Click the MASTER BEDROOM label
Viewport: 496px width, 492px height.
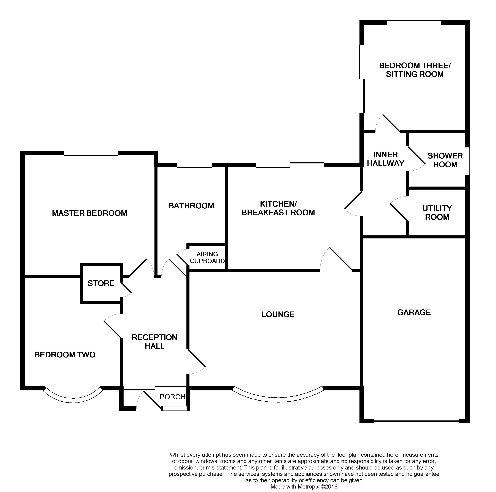[x=90, y=213]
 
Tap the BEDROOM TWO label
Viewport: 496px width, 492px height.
[x=65, y=355]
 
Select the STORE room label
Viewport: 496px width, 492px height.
[x=101, y=283]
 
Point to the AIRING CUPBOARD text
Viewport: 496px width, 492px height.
[x=207, y=258]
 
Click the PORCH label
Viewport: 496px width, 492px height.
[x=172, y=397]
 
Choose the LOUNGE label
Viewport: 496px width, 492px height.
[x=278, y=315]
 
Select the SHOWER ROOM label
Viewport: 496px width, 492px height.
[x=445, y=160]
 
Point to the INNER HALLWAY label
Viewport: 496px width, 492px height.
[x=386, y=159]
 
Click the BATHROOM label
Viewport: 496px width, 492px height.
[x=191, y=206]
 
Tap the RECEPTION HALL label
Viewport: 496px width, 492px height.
[x=155, y=342]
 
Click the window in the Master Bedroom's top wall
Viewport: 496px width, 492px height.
[x=91, y=153]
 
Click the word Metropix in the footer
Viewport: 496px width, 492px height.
[x=307, y=487]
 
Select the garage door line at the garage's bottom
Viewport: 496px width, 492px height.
[x=416, y=421]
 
